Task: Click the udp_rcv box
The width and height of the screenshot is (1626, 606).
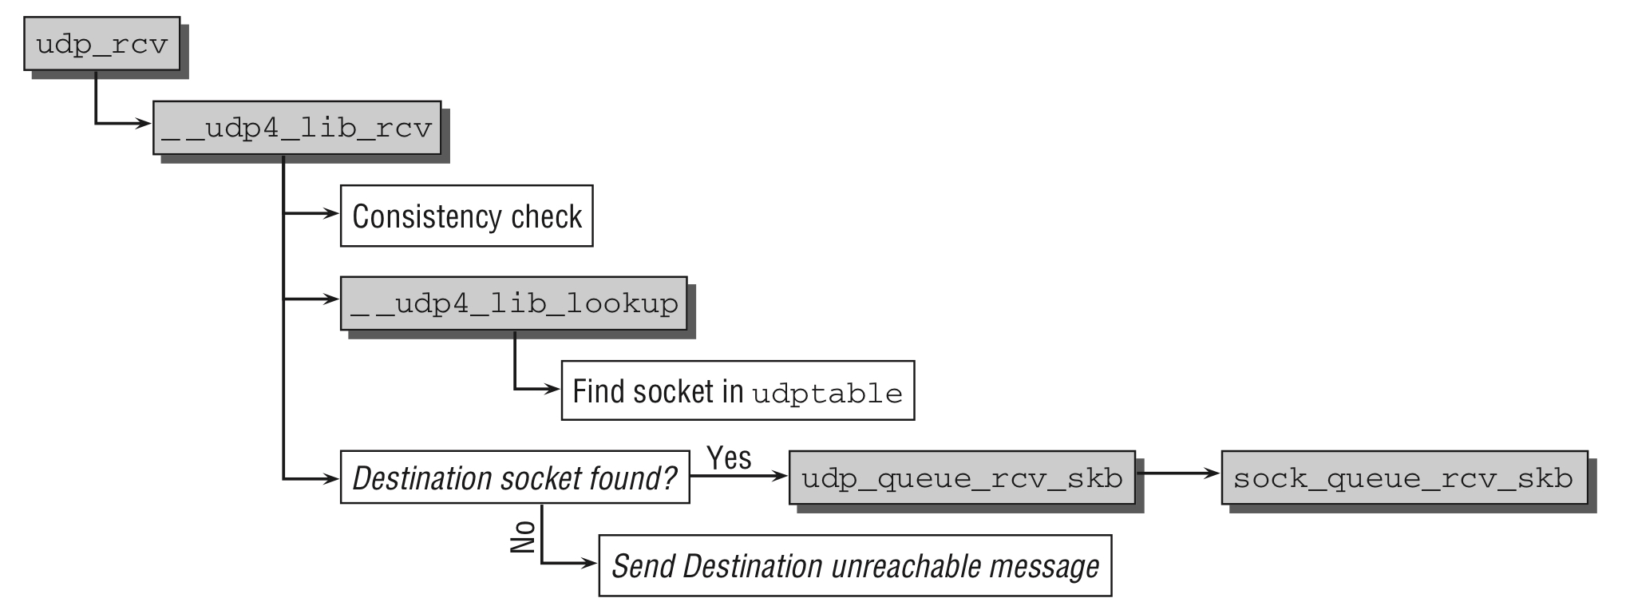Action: coord(101,43)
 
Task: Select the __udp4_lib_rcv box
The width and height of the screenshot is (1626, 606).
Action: coord(296,128)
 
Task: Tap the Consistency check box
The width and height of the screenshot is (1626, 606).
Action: coord(466,216)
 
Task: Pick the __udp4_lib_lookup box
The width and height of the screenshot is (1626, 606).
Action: coord(513,303)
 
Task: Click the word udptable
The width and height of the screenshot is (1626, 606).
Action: coord(827,394)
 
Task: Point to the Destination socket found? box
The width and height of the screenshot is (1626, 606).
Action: coord(514,477)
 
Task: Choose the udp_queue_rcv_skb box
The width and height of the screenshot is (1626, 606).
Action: coord(961,477)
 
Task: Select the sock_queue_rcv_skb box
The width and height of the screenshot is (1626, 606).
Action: coord(1403,477)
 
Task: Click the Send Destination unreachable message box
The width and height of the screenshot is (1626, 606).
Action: coord(854,566)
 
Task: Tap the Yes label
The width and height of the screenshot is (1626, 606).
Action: coord(729,457)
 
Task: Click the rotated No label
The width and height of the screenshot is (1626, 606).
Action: coord(523,537)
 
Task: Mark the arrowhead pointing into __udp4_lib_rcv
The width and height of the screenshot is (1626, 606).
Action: coord(144,124)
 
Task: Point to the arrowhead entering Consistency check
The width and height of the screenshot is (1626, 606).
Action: coord(331,213)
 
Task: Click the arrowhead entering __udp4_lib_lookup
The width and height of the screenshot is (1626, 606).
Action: coord(331,299)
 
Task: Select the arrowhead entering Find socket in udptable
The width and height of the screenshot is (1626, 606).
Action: coord(552,389)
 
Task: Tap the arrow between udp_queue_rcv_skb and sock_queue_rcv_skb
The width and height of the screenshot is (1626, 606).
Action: coord(1178,473)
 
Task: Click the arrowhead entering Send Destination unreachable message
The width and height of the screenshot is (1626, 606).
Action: coord(590,563)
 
